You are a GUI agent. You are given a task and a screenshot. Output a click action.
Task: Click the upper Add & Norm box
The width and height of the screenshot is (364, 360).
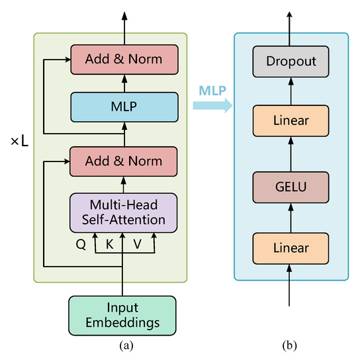point(124,60)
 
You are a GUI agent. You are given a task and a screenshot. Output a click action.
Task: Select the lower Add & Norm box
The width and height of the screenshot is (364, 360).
point(124,161)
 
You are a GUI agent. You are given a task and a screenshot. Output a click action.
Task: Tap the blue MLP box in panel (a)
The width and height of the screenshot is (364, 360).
point(124,107)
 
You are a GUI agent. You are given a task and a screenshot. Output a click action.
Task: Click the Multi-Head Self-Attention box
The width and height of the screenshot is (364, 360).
point(124,213)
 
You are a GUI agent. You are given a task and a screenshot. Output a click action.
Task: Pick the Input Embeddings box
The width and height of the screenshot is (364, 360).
point(122,316)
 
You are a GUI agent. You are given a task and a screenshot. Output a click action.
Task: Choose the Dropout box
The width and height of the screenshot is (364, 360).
point(291,62)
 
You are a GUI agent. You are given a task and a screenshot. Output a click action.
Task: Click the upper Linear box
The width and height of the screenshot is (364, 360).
point(291,120)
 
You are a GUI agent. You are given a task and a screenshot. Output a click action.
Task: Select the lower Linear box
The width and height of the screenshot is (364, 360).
point(291,248)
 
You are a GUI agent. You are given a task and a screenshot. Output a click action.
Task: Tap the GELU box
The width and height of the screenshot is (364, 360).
point(291,187)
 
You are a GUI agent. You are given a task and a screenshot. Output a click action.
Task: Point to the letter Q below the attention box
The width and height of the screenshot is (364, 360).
point(81,244)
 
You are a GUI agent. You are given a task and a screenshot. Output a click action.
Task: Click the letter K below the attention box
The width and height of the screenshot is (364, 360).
point(110,244)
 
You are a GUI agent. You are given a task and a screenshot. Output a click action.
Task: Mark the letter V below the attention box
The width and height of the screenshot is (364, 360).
point(138,244)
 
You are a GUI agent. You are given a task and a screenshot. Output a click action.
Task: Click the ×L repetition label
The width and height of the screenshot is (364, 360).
point(20,141)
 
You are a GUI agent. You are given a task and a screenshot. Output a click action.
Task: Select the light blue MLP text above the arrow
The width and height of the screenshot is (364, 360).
point(212,91)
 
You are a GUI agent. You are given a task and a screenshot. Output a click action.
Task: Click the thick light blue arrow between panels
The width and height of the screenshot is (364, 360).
point(213,105)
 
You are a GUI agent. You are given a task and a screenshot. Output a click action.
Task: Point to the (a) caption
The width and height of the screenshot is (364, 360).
point(126,345)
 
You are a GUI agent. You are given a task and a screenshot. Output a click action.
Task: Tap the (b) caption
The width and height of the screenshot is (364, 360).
point(289,345)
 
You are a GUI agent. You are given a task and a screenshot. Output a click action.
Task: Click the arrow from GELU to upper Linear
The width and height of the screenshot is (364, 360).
point(291,154)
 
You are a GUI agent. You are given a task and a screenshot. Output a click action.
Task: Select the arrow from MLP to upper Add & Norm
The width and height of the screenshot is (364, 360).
point(124,83)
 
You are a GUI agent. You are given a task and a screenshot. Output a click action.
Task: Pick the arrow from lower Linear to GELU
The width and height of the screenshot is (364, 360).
point(291,218)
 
